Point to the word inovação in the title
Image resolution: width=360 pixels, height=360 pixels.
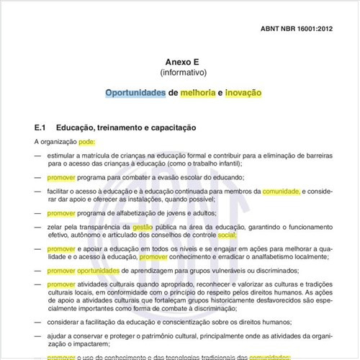[x=243, y=93]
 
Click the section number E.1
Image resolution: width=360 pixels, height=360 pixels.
[x=40, y=127]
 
